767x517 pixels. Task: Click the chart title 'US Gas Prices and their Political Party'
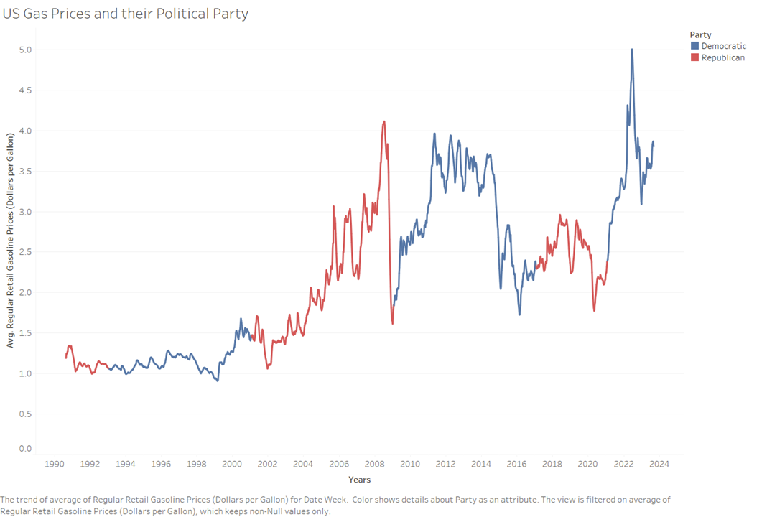pyautogui.click(x=126, y=14)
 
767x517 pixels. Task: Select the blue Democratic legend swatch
pyautogui.click(x=694, y=45)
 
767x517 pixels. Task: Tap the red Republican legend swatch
pyautogui.click(x=694, y=57)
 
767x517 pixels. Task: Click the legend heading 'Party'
pyautogui.click(x=700, y=34)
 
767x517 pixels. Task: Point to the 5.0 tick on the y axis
pyautogui.click(x=26, y=50)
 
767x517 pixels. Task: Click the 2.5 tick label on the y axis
pyautogui.click(x=26, y=252)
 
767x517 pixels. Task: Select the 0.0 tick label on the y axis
pyautogui.click(x=26, y=449)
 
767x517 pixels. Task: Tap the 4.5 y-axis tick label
pyautogui.click(x=26, y=90)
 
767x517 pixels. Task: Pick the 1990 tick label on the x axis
pyautogui.click(x=54, y=464)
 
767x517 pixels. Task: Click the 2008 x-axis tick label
pyautogui.click(x=374, y=464)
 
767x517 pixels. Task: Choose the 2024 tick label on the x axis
pyautogui.click(x=659, y=464)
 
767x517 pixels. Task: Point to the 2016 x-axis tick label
pyautogui.click(x=517, y=464)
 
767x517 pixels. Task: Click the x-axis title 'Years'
pyautogui.click(x=359, y=479)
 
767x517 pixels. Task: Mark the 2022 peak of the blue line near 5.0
pyautogui.click(x=632, y=50)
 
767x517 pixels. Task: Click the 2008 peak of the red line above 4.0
pyautogui.click(x=384, y=121)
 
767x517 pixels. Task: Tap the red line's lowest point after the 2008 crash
pyautogui.click(x=392, y=323)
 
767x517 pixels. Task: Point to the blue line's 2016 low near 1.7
pyautogui.click(x=519, y=314)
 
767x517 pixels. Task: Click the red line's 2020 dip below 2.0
pyautogui.click(x=594, y=309)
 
